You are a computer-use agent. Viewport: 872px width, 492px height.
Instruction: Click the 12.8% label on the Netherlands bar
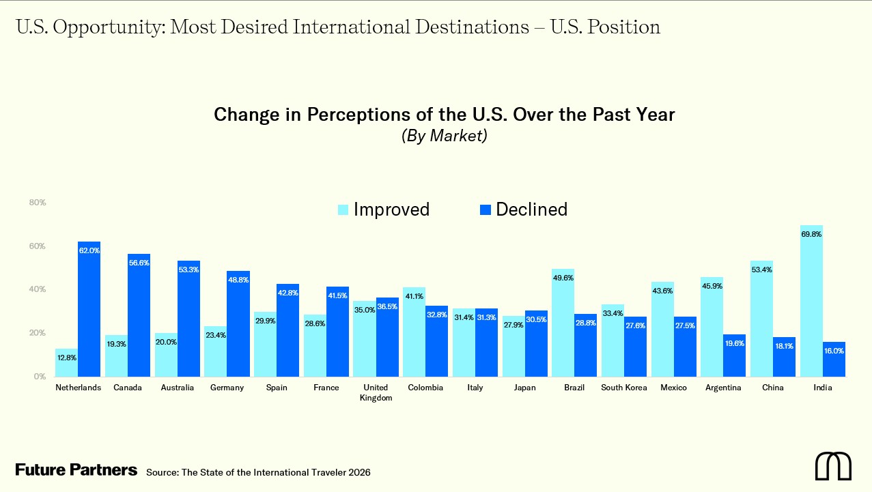[x=66, y=358]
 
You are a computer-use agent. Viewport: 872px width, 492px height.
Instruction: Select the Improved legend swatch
[x=343, y=209]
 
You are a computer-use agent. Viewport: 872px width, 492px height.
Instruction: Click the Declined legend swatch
[x=486, y=209]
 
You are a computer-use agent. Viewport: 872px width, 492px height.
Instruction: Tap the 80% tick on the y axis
[x=38, y=203]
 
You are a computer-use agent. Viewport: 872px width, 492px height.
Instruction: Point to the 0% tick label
[x=40, y=376]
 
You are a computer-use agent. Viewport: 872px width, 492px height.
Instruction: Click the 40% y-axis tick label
[x=38, y=289]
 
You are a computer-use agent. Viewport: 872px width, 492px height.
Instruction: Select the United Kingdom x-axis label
[x=376, y=392]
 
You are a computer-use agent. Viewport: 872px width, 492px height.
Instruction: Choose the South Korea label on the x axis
[x=624, y=388]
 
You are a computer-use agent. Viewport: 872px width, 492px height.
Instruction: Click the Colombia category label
[x=425, y=388]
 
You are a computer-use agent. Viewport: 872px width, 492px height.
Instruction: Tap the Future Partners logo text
[x=76, y=470]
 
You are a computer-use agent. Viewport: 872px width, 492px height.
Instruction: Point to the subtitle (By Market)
[x=444, y=135]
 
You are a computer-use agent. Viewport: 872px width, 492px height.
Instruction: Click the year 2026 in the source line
[x=358, y=472]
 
